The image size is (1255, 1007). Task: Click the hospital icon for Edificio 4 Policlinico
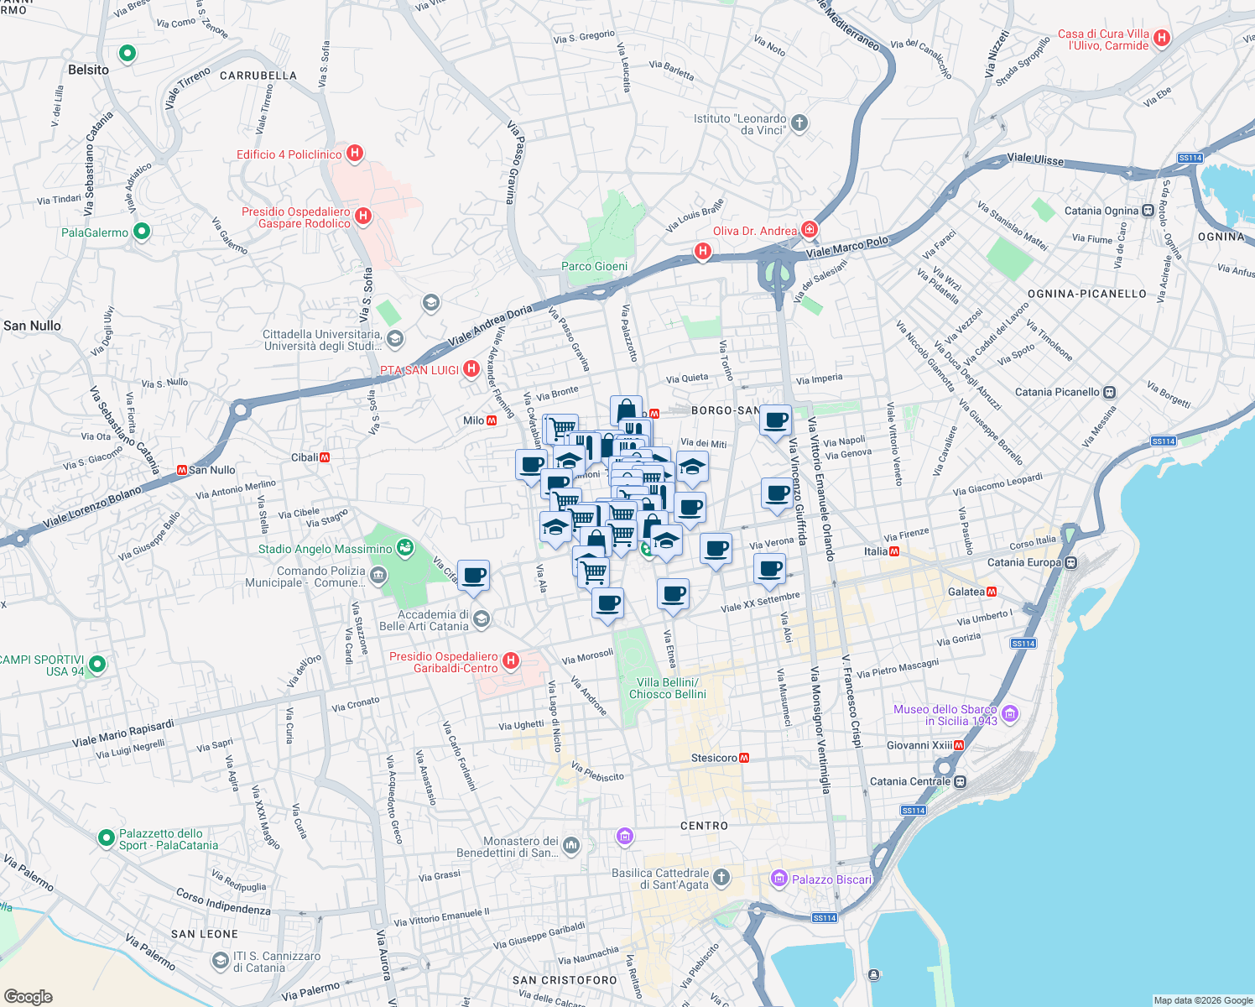(x=355, y=154)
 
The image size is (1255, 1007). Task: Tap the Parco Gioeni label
(x=594, y=266)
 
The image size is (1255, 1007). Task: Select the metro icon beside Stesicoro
(x=744, y=758)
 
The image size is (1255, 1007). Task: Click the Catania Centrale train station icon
(x=961, y=781)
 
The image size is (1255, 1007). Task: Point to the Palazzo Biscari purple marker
(x=779, y=879)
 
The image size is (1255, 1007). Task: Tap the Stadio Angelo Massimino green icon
(x=405, y=548)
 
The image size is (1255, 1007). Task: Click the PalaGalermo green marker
(x=142, y=231)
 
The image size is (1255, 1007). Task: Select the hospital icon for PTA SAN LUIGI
(x=471, y=368)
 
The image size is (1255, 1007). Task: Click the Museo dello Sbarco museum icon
(x=1010, y=714)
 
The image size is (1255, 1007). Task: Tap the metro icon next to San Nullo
(x=181, y=470)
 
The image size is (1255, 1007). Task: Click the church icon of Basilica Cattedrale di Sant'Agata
(x=721, y=878)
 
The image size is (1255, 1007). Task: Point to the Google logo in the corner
(x=28, y=996)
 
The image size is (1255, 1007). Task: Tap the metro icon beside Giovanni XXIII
(x=959, y=745)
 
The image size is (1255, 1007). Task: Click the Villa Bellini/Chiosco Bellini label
(x=668, y=688)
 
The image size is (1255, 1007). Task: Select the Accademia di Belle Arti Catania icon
(x=481, y=619)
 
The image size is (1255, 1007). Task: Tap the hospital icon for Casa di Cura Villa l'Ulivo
(x=1162, y=38)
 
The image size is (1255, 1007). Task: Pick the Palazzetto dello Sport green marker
(x=106, y=837)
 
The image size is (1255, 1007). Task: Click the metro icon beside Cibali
(x=325, y=457)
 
